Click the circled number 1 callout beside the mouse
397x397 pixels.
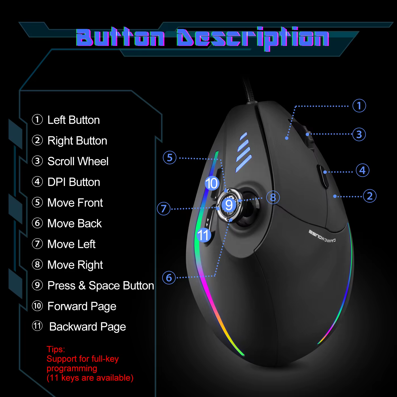point(359,106)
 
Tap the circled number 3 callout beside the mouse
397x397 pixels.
point(359,134)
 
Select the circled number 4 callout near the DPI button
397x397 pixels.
point(362,170)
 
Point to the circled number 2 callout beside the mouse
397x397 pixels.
point(369,196)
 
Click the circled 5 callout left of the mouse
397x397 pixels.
point(170,158)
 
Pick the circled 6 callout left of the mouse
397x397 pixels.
point(169,278)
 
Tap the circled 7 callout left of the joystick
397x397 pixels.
point(164,208)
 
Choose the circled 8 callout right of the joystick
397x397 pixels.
point(273,197)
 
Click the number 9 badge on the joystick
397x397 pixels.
point(229,205)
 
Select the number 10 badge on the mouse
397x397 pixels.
point(212,183)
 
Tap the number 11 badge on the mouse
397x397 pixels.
point(204,235)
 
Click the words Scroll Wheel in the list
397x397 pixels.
point(78,161)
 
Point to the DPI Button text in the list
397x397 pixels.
point(74,182)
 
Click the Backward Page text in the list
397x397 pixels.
point(88,327)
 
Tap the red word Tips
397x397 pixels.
point(56,349)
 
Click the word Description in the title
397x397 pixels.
point(253,38)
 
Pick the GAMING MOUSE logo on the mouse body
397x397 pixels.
point(322,236)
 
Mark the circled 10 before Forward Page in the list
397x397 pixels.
point(37,306)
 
